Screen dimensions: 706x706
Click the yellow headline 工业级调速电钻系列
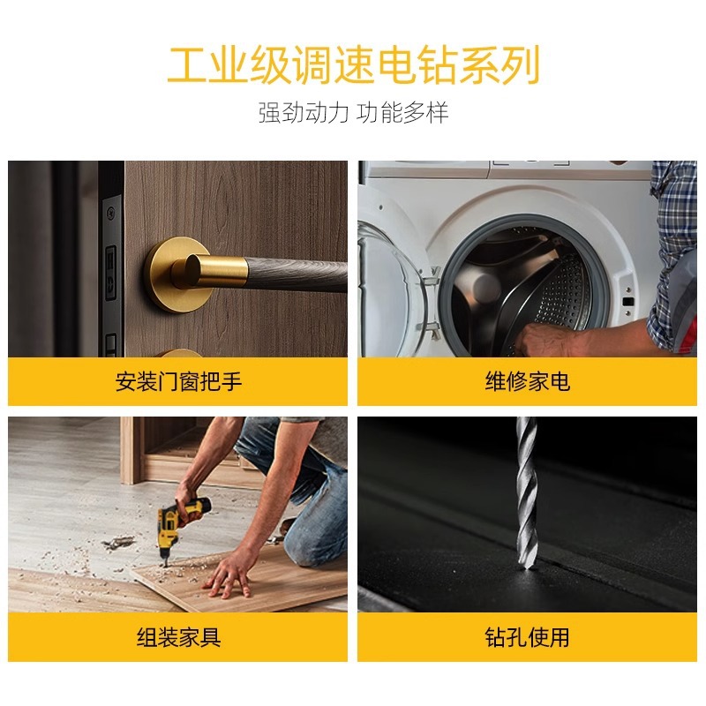point(353,64)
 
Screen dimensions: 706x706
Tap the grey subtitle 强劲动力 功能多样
point(353,113)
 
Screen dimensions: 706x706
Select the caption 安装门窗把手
point(178,381)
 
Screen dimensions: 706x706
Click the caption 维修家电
point(527,381)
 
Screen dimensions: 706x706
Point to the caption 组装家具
point(178,637)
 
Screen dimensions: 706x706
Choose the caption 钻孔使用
point(527,637)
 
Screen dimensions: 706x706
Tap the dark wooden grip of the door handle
point(297,274)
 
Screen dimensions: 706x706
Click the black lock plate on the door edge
point(111,274)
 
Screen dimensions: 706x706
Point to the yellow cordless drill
point(178,524)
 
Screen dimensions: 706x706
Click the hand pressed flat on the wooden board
point(229,575)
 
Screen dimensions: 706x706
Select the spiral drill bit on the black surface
point(526,493)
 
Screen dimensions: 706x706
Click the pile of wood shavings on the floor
point(118,542)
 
